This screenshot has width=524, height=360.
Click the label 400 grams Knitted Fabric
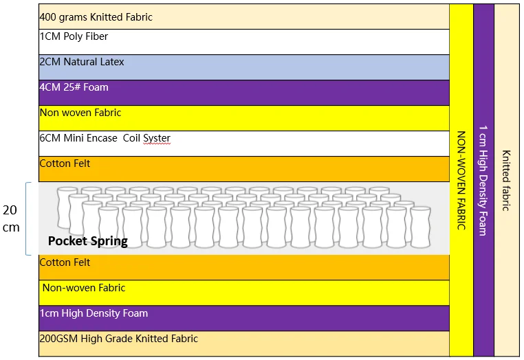[96, 16]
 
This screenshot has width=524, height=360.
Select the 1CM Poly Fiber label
[74, 36]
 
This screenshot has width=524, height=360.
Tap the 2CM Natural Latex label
[82, 62]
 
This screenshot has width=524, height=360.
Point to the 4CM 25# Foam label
[74, 87]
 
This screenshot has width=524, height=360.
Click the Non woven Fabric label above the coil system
[80, 113]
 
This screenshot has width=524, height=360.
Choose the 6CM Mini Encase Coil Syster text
[105, 138]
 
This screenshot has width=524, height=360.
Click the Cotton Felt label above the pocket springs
[65, 164]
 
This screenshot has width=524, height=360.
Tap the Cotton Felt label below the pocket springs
[65, 262]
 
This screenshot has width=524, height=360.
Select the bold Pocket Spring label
[88, 241]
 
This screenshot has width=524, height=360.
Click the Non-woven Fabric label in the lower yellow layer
[84, 288]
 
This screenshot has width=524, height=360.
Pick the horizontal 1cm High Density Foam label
[94, 313]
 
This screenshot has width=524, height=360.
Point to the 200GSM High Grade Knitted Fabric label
[118, 339]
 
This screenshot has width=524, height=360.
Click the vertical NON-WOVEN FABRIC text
[461, 180]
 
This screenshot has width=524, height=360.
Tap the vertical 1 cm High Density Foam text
[483, 180]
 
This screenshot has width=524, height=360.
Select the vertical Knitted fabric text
[506, 180]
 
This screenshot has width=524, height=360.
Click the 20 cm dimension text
[12, 218]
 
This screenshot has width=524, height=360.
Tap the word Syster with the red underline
[157, 138]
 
